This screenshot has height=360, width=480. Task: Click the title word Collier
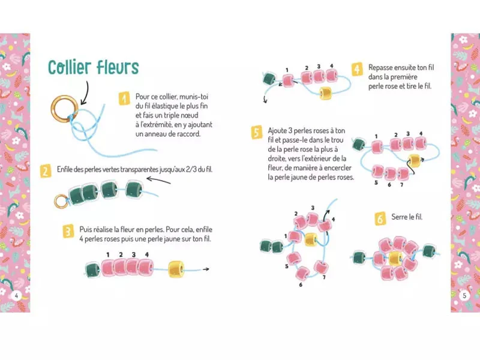tap(70, 67)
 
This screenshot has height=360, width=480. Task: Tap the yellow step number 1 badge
tap(124, 99)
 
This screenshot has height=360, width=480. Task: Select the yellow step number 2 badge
tap(46, 171)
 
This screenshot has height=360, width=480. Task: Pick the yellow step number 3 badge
tap(68, 232)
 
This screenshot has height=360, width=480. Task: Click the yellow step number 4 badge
tap(357, 70)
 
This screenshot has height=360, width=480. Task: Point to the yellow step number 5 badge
tap(257, 132)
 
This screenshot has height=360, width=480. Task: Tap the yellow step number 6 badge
tap(380, 219)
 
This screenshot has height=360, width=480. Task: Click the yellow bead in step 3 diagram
tap(176, 269)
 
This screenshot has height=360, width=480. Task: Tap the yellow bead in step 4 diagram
tap(325, 93)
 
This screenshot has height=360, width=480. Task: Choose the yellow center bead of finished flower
tap(395, 259)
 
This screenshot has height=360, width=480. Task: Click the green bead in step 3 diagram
tap(92, 270)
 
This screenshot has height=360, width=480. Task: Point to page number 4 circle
tap(16, 296)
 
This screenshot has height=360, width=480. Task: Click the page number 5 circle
tap(464, 296)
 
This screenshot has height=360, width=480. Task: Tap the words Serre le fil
tap(407, 217)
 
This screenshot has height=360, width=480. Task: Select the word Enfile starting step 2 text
tap(64, 169)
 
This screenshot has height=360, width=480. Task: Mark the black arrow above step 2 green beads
tap(158, 181)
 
